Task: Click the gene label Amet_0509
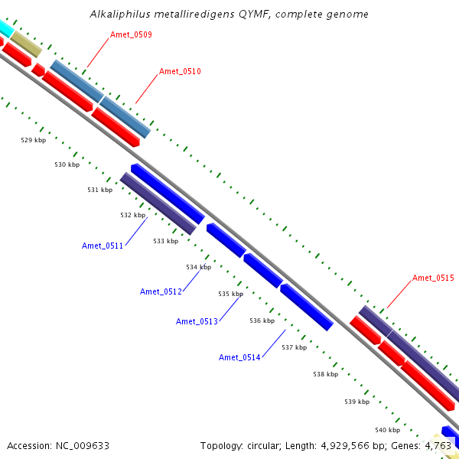pyautogui.click(x=131, y=34)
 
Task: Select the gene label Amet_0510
pyautogui.click(x=180, y=71)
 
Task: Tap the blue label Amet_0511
pyautogui.click(x=103, y=246)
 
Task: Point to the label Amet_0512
pyautogui.click(x=161, y=291)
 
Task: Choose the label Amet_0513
pyautogui.click(x=197, y=321)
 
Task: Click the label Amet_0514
pyautogui.click(x=239, y=357)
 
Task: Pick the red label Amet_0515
pyautogui.click(x=433, y=278)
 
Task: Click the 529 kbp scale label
pyautogui.click(x=33, y=140)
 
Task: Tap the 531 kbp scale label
pyautogui.click(x=99, y=190)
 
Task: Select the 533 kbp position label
pyautogui.click(x=165, y=241)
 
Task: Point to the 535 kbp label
pyautogui.click(x=230, y=294)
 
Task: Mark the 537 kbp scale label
pyautogui.click(x=294, y=347)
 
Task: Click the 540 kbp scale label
pyautogui.click(x=387, y=430)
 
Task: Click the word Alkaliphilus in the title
pyautogui.click(x=117, y=14)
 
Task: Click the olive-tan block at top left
pyautogui.click(x=25, y=44)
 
